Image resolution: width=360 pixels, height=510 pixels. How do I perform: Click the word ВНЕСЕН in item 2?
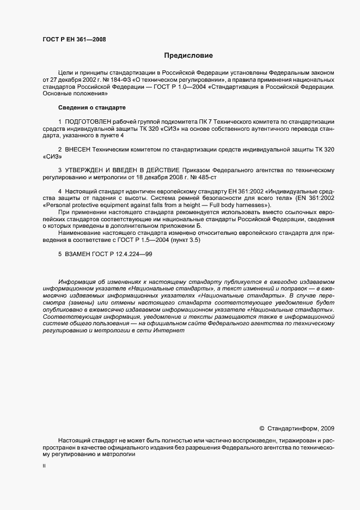click(x=78, y=149)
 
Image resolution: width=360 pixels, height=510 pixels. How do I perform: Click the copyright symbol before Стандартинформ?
click(x=261, y=428)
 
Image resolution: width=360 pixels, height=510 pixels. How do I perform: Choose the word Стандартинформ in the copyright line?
click(x=292, y=428)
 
